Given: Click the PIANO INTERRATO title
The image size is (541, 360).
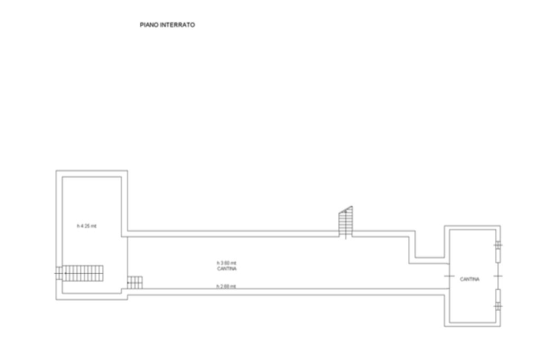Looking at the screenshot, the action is coord(167,25).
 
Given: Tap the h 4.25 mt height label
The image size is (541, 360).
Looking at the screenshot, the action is coord(87,226).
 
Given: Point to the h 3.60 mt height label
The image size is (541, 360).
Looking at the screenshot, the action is coord(226,263).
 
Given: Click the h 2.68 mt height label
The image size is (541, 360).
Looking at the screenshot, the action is coord(226,287).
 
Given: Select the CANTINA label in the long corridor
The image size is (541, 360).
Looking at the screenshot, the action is coord(227,269).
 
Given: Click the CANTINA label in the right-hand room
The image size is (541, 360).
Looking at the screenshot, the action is coord(470,279).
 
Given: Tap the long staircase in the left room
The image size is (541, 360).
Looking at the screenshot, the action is coord(83,273).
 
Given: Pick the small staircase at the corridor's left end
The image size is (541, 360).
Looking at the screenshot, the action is coord(135,282).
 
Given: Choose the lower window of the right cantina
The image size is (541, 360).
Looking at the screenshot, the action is coord(498,299).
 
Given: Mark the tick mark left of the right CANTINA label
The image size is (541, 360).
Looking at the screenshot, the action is coord(449,276).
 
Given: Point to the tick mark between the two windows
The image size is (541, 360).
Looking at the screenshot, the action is coord(498,276).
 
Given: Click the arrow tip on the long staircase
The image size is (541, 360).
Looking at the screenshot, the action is coord(64,273).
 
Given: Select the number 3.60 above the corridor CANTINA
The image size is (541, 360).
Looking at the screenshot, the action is coord(227,263).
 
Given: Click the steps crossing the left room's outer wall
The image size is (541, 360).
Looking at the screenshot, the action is coord(59,273).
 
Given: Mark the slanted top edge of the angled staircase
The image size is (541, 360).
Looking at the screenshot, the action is coord(346,210).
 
